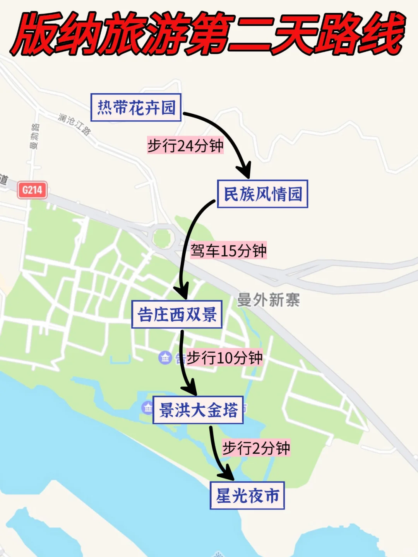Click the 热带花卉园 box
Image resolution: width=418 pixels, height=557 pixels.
(136, 108)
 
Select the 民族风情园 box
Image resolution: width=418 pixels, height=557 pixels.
(262, 194)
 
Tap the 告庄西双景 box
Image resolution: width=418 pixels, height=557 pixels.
(177, 314)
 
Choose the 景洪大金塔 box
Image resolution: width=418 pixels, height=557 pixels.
(198, 410)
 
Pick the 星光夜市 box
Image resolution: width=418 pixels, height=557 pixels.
(247, 495)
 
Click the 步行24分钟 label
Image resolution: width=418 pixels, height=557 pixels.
(185, 146)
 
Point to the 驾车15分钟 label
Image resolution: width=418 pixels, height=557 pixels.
(228, 251)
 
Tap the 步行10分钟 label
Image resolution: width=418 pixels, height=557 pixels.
(224, 358)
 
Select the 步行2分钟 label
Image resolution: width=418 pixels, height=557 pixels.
(256, 448)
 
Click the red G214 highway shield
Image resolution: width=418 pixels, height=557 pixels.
(32, 190)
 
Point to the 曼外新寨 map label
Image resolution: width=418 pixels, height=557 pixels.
(268, 300)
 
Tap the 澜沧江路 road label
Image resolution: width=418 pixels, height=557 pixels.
(74, 124)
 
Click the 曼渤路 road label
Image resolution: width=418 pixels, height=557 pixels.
(34, 136)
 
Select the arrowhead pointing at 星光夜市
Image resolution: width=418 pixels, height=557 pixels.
(226, 474)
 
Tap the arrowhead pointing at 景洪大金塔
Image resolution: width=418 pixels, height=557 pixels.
(190, 388)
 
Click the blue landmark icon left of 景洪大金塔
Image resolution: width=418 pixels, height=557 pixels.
(147, 408)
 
